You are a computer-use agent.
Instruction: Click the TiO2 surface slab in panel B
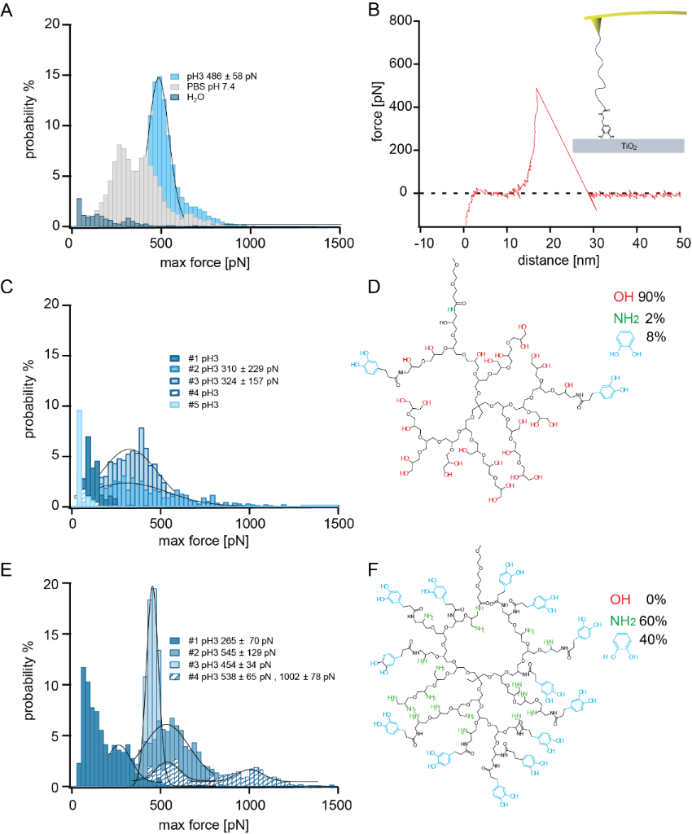[x=628, y=146]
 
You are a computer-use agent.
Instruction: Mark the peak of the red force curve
[x=537, y=89]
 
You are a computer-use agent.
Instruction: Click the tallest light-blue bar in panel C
[x=80, y=456]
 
